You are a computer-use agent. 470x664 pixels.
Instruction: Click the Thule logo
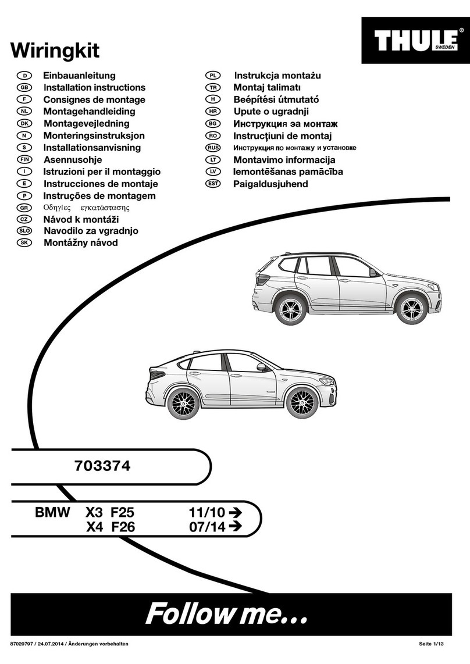click(415, 40)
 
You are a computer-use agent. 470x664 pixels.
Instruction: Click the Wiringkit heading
click(55, 51)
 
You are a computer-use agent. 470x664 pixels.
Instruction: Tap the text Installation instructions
click(94, 88)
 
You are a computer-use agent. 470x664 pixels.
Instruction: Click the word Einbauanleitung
click(79, 76)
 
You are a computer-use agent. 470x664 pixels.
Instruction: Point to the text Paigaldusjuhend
click(270, 184)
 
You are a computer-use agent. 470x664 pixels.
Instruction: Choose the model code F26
click(122, 527)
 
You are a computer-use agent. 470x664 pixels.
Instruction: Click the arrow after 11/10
click(234, 513)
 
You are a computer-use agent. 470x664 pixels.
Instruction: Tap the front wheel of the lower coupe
click(301, 402)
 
